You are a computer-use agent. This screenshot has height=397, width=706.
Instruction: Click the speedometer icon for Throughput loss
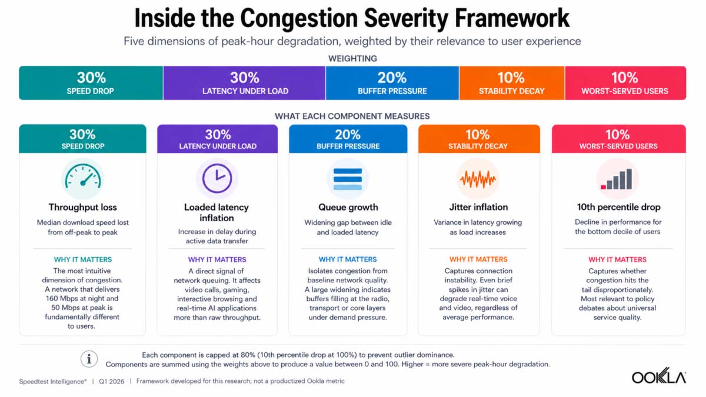[83, 179]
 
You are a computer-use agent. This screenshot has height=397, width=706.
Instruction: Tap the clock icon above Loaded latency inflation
[217, 179]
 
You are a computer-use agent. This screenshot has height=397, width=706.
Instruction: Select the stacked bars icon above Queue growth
[348, 179]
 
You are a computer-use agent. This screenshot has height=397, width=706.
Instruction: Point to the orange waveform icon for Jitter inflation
[478, 179]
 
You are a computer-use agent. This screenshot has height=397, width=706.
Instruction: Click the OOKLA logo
[659, 376]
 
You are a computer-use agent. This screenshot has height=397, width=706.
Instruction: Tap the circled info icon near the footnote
[89, 359]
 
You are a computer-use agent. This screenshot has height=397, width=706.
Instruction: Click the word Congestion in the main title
[299, 19]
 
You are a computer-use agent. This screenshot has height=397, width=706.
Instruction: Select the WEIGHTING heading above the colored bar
[352, 59]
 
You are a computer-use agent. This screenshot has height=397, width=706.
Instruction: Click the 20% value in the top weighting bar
[392, 78]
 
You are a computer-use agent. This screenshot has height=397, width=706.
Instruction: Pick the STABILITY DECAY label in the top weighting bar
[511, 91]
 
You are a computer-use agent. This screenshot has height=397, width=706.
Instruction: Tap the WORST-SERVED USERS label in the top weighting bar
[625, 91]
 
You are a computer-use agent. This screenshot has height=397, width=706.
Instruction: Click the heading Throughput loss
[82, 207]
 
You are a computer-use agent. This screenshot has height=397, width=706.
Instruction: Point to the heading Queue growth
[348, 207]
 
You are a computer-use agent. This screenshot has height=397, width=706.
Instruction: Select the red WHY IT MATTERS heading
[617, 259]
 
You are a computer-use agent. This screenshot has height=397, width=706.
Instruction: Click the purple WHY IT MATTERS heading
[217, 259]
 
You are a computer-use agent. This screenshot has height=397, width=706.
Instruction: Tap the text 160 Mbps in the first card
[65, 298]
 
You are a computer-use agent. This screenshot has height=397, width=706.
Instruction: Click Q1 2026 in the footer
[112, 382]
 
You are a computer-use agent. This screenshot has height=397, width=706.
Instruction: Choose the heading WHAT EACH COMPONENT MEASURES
[352, 116]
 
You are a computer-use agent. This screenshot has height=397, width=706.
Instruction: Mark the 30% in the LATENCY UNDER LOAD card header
[218, 135]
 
